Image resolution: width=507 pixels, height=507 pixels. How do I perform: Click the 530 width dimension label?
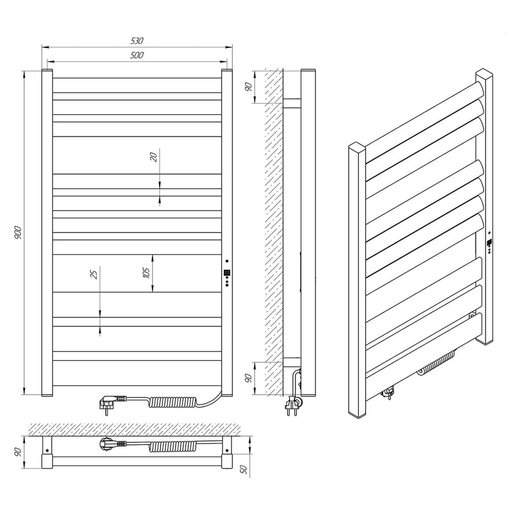(137, 41)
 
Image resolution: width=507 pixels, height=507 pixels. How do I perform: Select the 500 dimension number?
(137, 55)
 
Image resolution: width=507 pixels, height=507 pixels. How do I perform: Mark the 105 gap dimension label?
(146, 273)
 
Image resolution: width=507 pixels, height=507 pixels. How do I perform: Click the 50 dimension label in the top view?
(245, 469)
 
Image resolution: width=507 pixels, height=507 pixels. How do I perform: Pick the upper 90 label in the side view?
(248, 87)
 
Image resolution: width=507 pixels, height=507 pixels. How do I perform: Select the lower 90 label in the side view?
(248, 378)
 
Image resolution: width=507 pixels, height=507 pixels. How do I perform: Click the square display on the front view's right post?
(227, 273)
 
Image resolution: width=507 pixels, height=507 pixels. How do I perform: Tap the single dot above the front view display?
(227, 261)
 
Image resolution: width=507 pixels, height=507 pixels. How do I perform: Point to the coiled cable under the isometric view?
(436, 363)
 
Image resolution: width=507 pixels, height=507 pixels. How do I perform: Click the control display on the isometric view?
(490, 242)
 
